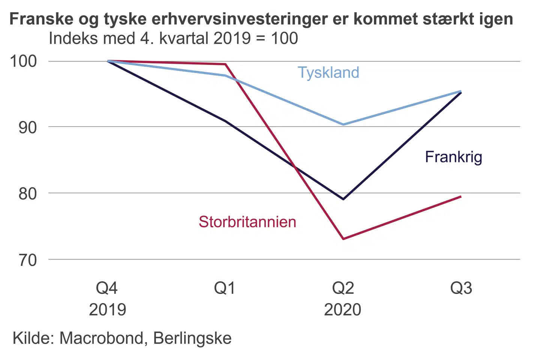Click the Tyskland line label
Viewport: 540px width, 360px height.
point(328,72)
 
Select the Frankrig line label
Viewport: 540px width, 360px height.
point(453,157)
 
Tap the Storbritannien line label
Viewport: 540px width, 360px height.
point(247,222)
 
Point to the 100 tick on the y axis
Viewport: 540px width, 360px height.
point(24,61)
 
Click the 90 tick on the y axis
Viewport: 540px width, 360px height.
point(28,127)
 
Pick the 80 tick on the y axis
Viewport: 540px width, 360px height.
point(28,193)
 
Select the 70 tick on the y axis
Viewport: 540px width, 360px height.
point(28,260)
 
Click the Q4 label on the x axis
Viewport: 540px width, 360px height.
point(107,288)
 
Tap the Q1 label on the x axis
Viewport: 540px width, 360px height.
point(225,288)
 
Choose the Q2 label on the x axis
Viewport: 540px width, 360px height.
point(343,288)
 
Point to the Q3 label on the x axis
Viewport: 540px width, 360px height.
point(461,288)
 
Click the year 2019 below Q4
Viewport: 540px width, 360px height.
point(107,310)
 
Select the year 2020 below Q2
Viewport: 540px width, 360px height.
point(342,310)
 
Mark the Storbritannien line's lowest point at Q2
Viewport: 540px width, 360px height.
point(343,238)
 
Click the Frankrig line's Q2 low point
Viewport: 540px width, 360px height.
point(343,199)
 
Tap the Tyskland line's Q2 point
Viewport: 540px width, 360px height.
point(343,124)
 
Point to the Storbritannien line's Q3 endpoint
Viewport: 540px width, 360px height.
point(460,196)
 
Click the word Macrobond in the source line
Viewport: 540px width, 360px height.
point(101,338)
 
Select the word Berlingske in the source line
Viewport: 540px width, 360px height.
point(192,338)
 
